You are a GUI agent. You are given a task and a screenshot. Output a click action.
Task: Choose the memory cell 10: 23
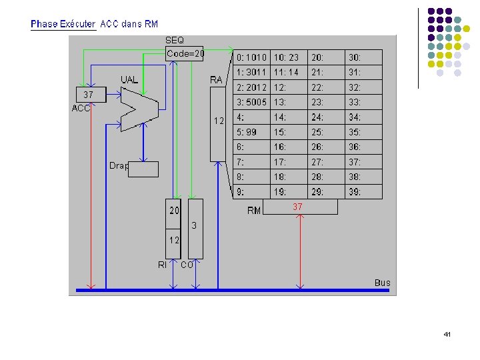289,57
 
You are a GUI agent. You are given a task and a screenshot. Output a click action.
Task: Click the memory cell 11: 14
289,73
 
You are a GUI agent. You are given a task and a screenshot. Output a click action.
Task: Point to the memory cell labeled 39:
364,193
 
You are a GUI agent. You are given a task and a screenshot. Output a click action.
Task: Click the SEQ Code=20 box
185,53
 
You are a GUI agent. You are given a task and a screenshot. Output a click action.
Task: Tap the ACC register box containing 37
89,95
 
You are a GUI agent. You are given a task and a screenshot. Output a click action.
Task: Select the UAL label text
129,80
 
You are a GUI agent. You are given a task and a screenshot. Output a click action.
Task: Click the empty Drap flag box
143,169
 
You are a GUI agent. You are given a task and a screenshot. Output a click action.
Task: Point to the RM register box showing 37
300,207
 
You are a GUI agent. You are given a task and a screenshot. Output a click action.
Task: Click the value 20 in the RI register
173,211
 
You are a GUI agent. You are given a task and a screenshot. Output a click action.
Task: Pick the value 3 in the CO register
195,226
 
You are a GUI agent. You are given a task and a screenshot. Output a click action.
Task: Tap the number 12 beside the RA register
218,121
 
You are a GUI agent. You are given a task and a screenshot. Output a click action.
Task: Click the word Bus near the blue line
382,283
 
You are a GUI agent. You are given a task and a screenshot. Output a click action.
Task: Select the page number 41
447,333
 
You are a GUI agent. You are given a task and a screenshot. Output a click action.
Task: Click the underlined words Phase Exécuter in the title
63,24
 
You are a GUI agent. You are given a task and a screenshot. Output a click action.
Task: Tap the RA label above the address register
216,80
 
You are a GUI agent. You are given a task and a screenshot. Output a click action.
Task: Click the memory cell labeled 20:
326,57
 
